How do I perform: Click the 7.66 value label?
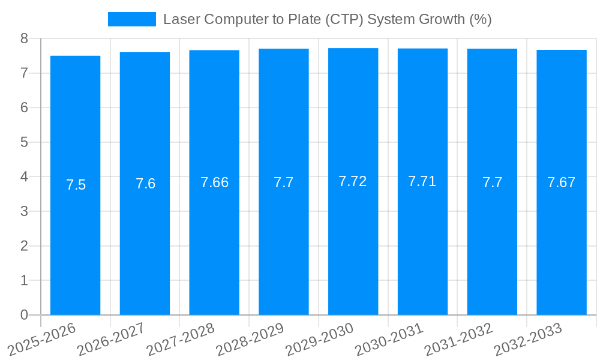[x=214, y=182]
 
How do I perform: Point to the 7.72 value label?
[x=353, y=181]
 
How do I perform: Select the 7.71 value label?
[x=422, y=181]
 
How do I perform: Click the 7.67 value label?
[x=561, y=182]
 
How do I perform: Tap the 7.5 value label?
[x=76, y=185]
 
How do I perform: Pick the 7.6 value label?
[x=145, y=184]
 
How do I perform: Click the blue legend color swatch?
[x=131, y=19]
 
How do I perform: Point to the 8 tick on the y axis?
[x=24, y=38]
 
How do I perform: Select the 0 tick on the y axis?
[x=24, y=315]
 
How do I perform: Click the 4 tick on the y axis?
[x=24, y=177]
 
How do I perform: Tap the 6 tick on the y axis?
[x=24, y=107]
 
